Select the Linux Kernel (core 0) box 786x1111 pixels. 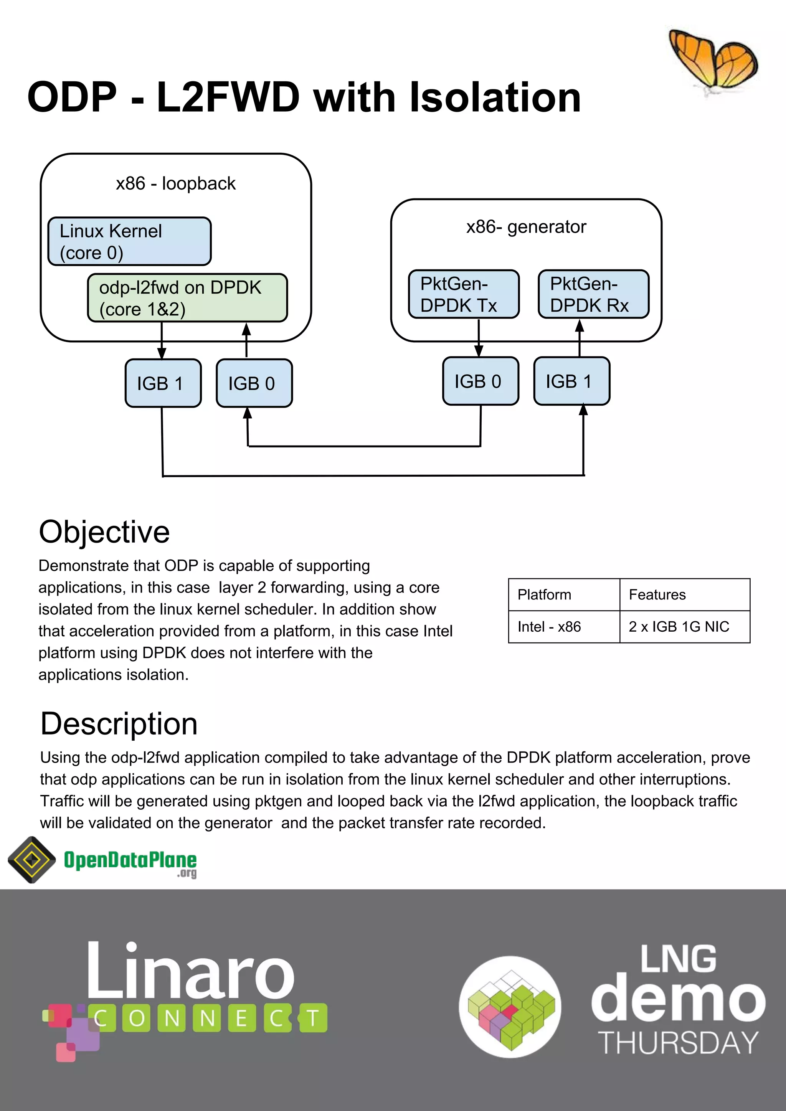click(x=129, y=241)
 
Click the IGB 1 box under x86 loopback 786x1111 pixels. click(x=163, y=383)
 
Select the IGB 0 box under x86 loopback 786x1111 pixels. click(x=254, y=383)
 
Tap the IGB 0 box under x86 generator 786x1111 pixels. click(x=480, y=381)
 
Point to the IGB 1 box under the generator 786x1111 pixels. click(x=571, y=381)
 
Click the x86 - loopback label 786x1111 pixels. click(x=176, y=184)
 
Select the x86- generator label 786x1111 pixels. click(x=526, y=227)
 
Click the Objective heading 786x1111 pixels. click(x=104, y=532)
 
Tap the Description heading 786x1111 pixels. click(x=119, y=724)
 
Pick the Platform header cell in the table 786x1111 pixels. click(x=563, y=595)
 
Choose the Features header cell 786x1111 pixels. click(x=684, y=595)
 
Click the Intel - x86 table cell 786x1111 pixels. click(x=563, y=627)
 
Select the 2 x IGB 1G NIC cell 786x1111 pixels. click(x=684, y=627)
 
